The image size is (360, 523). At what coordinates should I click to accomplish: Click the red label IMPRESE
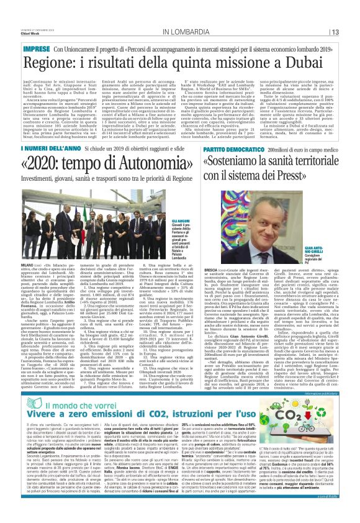point(36,48)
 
